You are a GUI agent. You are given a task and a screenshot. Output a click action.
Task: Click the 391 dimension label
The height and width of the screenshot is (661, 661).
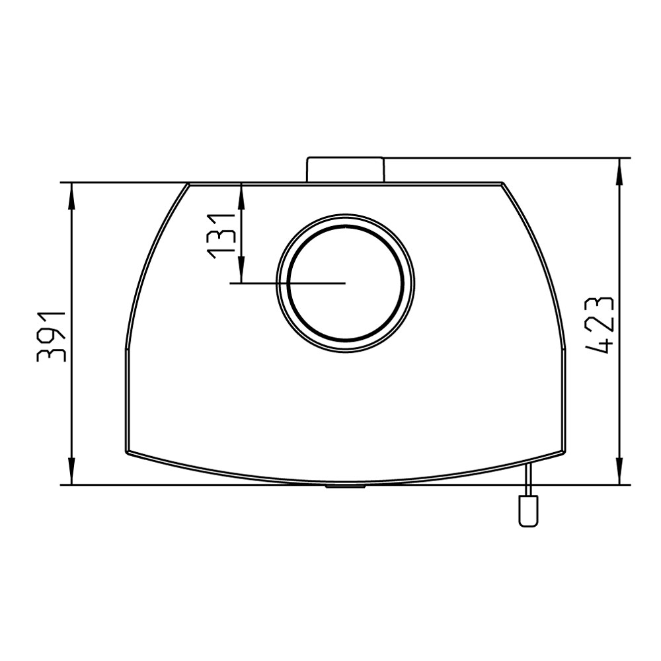pyautogui.click(x=52, y=336)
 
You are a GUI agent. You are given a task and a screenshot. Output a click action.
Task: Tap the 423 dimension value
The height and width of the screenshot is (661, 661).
pyautogui.click(x=600, y=325)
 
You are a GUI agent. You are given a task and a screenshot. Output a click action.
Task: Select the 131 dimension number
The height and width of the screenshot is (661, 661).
pyautogui.click(x=221, y=236)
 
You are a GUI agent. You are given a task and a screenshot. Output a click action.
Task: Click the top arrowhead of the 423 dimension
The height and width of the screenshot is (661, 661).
pyautogui.click(x=620, y=172)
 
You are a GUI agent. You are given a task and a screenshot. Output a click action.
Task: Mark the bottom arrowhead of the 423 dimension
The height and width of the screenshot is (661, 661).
pyautogui.click(x=620, y=471)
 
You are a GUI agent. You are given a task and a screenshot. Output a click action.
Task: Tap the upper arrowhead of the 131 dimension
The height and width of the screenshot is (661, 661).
pyautogui.click(x=241, y=196)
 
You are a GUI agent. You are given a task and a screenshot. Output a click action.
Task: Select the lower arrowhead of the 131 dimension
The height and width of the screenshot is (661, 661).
pyautogui.click(x=241, y=269)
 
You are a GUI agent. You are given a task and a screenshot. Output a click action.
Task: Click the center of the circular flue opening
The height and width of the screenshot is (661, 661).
pyautogui.click(x=346, y=283)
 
